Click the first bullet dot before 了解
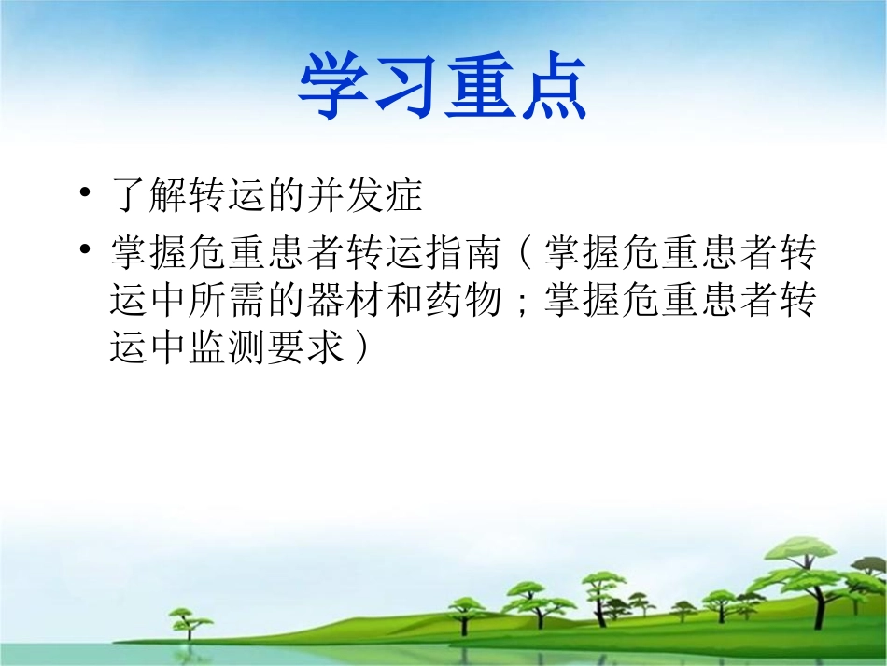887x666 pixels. (x=87, y=194)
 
